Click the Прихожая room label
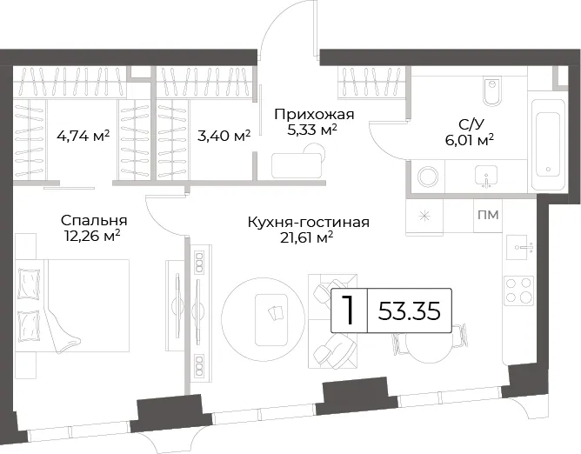pyautogui.click(x=314, y=115)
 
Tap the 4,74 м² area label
pyautogui.click(x=83, y=136)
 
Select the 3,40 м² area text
pyautogui.click(x=224, y=136)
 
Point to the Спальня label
pyautogui.click(x=94, y=221)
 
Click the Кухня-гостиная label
pyautogui.click(x=308, y=223)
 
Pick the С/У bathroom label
pyautogui.click(x=471, y=124)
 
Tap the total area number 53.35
pyautogui.click(x=410, y=310)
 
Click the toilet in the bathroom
pyautogui.click(x=491, y=91)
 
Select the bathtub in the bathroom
pyautogui.click(x=548, y=145)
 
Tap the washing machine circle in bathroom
pyautogui.click(x=428, y=177)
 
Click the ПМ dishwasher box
pyautogui.click(x=488, y=215)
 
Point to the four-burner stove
pyautogui.click(x=518, y=290)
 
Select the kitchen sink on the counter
pyautogui.click(x=521, y=247)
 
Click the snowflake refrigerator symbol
pyautogui.click(x=424, y=216)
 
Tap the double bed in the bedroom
pyautogui.click(x=73, y=306)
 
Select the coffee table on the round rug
pyautogui.click(x=271, y=319)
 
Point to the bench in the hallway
pyautogui.click(x=297, y=165)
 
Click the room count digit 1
pyautogui.click(x=349, y=310)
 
